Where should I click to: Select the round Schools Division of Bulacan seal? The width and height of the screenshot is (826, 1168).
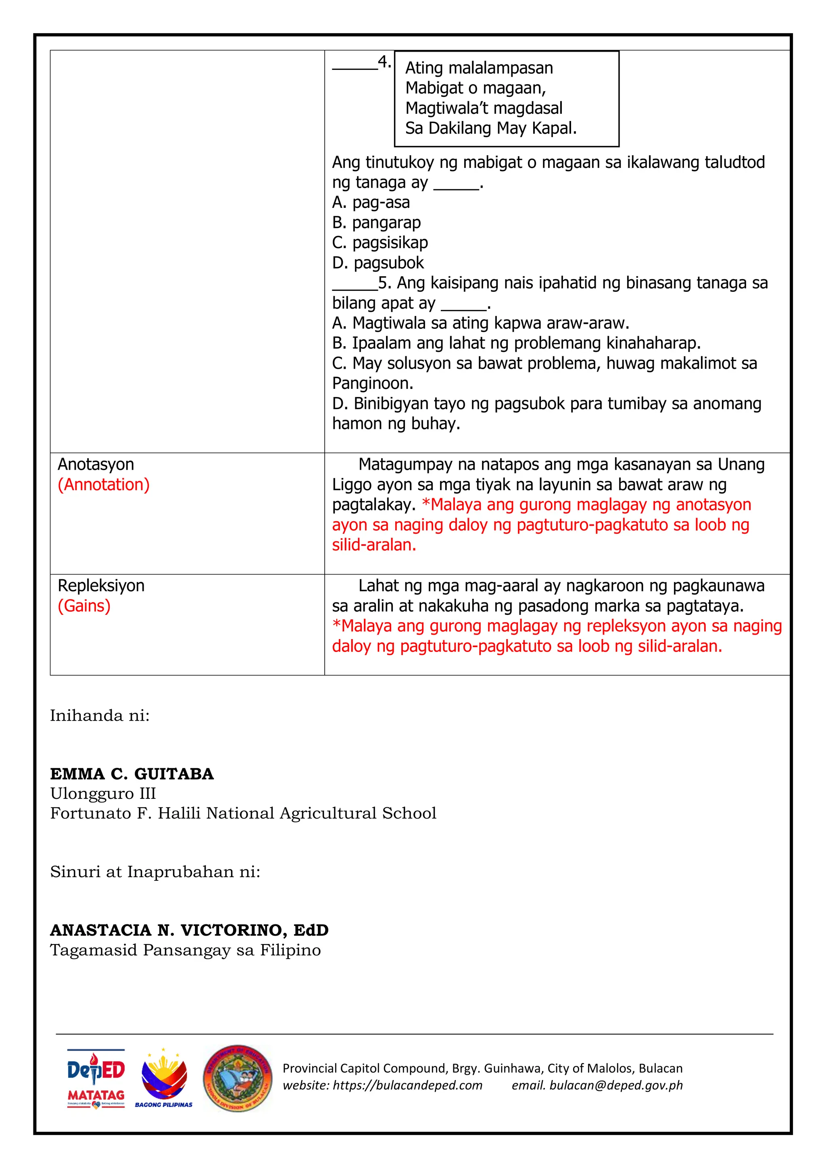point(237,1078)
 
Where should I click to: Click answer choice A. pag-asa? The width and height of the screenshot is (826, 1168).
point(371,203)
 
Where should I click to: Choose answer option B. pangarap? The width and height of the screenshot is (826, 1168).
point(376,223)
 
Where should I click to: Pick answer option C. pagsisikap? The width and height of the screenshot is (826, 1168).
point(380,242)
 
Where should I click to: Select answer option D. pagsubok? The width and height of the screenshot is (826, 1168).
point(378,263)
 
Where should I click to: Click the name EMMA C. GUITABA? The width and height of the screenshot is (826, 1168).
point(132,774)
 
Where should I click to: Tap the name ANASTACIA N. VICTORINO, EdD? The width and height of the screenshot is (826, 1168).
point(189,930)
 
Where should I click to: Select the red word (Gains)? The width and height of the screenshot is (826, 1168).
point(84,606)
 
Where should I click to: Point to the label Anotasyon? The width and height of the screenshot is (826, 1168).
point(96,464)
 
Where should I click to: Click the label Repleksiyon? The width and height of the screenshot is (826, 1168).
point(101,585)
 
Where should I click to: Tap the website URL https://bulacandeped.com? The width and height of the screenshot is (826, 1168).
point(407,1085)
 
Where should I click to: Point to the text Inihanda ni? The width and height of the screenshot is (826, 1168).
point(100,716)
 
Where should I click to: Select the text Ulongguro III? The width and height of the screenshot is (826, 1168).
point(103,794)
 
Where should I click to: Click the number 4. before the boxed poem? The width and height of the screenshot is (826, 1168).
point(384,63)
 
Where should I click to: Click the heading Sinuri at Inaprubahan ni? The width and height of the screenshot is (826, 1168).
point(155,872)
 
